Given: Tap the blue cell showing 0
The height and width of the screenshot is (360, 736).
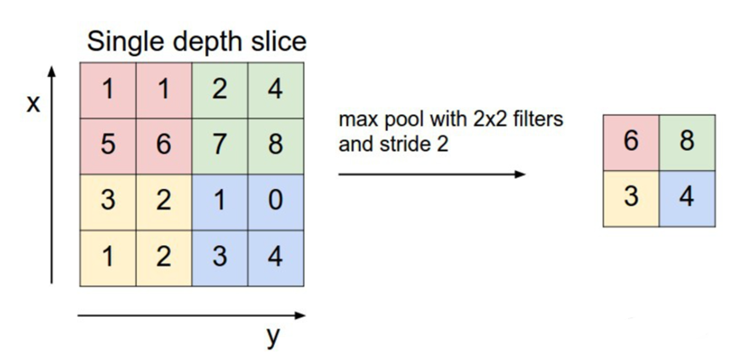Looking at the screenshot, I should click(x=275, y=202).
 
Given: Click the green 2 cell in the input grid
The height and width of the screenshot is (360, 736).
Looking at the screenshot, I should click(x=220, y=89).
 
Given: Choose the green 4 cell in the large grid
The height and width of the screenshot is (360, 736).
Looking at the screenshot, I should click(x=275, y=89).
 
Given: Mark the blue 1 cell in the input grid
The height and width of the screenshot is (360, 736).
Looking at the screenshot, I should click(x=220, y=202).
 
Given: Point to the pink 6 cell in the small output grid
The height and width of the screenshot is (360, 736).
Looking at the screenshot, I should click(x=630, y=141).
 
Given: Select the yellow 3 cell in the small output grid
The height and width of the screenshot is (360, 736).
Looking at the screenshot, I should click(x=630, y=197).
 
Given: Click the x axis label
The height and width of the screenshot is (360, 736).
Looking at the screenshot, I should click(x=34, y=106).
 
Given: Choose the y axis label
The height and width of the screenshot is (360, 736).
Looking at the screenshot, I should click(x=272, y=337).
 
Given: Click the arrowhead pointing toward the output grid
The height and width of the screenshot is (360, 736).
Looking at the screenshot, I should click(x=520, y=174).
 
